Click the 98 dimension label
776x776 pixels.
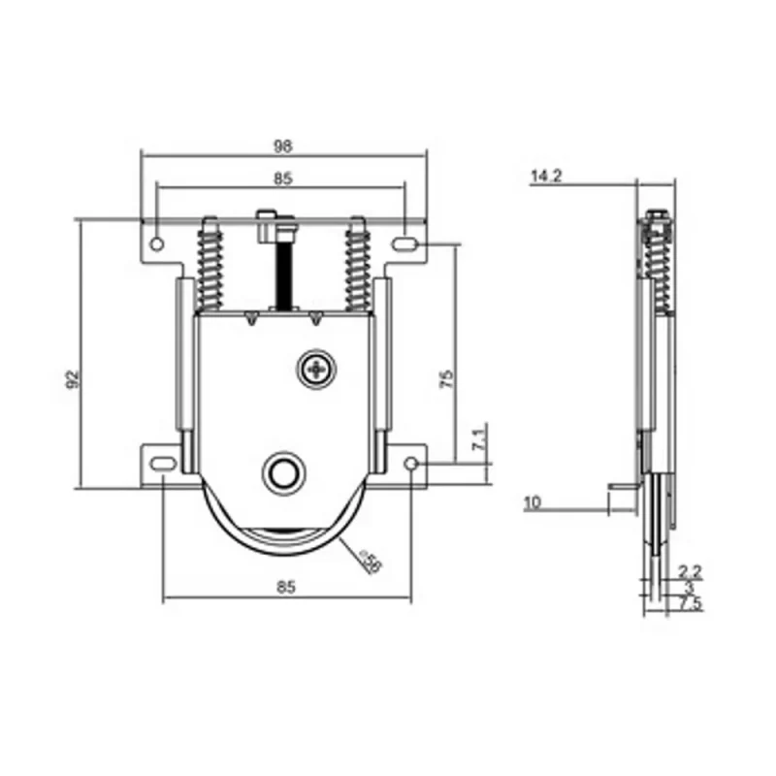(x=282, y=145)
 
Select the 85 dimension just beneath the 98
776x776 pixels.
(x=282, y=178)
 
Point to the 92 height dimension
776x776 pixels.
(x=71, y=378)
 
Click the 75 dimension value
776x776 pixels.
(x=446, y=378)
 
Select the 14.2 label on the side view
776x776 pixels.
(x=547, y=177)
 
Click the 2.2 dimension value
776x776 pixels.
(x=690, y=570)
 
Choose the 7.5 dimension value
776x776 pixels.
(x=691, y=604)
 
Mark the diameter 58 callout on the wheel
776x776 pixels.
(x=369, y=562)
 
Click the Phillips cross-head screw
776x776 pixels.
(x=315, y=369)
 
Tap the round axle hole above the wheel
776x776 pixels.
(x=282, y=472)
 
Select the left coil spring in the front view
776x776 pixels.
(x=210, y=264)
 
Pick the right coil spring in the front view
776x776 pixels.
(x=357, y=264)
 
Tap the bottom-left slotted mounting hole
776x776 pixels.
(x=162, y=464)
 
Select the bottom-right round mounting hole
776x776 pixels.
(x=411, y=465)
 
